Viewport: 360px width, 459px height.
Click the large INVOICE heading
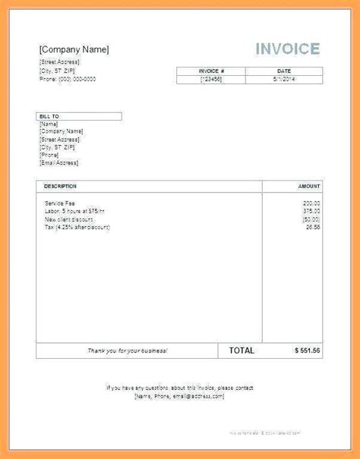(287, 50)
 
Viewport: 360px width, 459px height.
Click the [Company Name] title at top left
(74, 50)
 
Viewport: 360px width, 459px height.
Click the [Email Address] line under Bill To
(58, 162)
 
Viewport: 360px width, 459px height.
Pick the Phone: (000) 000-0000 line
(67, 78)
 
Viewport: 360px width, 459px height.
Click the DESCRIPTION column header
(60, 186)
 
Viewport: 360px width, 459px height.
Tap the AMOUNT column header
(308, 186)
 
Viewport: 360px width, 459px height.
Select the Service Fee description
(59, 203)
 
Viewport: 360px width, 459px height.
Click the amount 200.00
(311, 203)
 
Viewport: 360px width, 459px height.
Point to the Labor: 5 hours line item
(74, 211)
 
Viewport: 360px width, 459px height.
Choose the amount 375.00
(311, 211)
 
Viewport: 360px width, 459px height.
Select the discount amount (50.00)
(311, 219)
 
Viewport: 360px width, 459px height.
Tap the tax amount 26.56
(312, 227)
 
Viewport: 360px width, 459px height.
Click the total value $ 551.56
(307, 351)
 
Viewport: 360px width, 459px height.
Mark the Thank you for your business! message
(127, 351)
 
